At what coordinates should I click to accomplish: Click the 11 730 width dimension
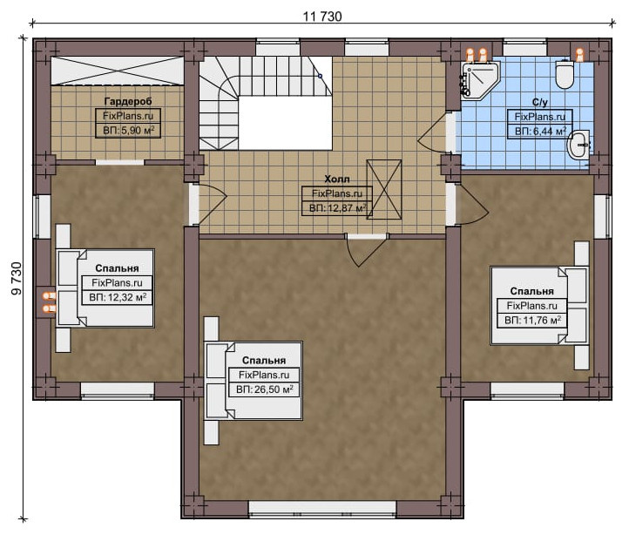[x=322, y=17]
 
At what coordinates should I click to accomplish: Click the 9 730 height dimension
[x=17, y=278]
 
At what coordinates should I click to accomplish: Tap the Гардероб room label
[x=128, y=101]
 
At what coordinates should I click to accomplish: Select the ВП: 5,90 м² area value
[x=128, y=131]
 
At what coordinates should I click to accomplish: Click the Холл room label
[x=337, y=179]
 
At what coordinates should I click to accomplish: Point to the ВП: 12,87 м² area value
[x=337, y=208]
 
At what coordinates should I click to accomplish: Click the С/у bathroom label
[x=539, y=102]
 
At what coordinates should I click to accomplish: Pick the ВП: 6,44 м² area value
[x=540, y=132]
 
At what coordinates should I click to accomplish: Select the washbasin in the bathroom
[x=578, y=145]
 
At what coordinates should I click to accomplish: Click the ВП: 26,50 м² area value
[x=264, y=389]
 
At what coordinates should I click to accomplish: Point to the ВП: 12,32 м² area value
[x=118, y=297]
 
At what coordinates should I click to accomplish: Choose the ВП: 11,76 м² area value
[x=532, y=321]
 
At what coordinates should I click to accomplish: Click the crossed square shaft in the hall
[x=384, y=189]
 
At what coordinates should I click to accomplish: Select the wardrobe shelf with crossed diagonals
[x=117, y=71]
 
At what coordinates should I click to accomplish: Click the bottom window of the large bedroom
[x=322, y=507]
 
